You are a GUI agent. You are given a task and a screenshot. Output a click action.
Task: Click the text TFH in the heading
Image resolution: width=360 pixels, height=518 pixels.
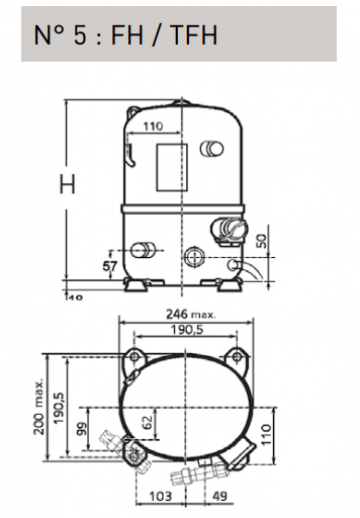pos(193,34)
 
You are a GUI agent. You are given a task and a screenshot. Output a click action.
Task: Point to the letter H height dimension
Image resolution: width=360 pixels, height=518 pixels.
pos(67,184)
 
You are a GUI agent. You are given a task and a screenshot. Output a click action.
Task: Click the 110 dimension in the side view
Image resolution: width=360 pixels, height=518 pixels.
pos(153,126)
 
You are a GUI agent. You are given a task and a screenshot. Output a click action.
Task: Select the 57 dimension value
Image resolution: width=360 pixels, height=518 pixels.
pos(110,267)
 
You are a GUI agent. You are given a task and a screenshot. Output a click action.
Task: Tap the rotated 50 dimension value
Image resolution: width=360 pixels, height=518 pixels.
pos(262,241)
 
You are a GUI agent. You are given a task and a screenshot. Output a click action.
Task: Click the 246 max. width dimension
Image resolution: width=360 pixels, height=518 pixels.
pos(191,314)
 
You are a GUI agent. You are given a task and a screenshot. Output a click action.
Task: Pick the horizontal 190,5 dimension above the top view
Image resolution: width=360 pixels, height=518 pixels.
pos(187,330)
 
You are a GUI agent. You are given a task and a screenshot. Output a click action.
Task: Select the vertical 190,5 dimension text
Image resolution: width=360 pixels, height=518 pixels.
pos(59,408)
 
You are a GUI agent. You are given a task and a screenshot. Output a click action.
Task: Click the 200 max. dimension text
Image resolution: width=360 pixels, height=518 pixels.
pos(39,406)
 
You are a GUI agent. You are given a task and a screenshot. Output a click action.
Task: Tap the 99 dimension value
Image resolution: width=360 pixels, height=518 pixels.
pos(81,428)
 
